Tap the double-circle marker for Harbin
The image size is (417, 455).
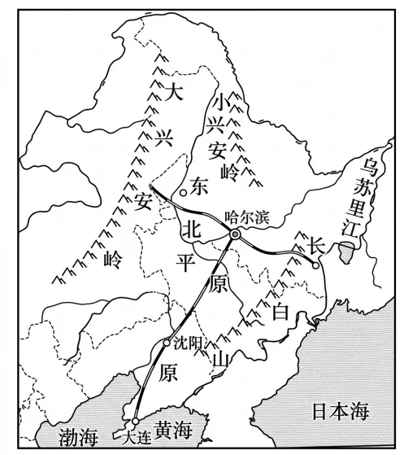point(234,234)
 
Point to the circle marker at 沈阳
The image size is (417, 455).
point(167,342)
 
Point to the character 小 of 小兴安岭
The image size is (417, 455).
point(219,103)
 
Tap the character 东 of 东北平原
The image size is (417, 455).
point(200,186)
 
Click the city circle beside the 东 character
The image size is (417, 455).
point(184,192)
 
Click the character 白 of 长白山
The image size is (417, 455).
point(281,311)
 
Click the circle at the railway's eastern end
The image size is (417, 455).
point(315,262)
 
